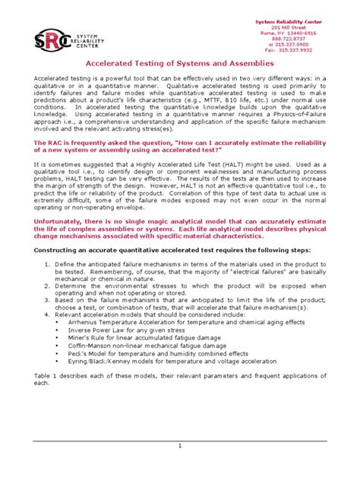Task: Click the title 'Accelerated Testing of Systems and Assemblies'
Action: pyautogui.click(x=179, y=65)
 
